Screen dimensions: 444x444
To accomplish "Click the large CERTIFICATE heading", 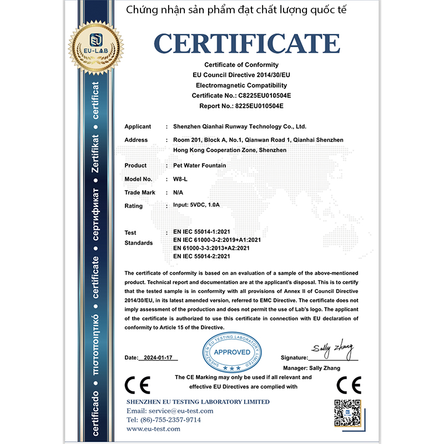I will point(247,43).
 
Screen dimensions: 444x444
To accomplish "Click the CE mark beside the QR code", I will point(349,385).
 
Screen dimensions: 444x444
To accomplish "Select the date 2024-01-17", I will point(159,358).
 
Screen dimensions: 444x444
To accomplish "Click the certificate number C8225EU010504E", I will point(261,95).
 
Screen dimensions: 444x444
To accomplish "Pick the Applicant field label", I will point(138,127).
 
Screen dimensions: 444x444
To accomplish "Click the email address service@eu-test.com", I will point(170,411).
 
